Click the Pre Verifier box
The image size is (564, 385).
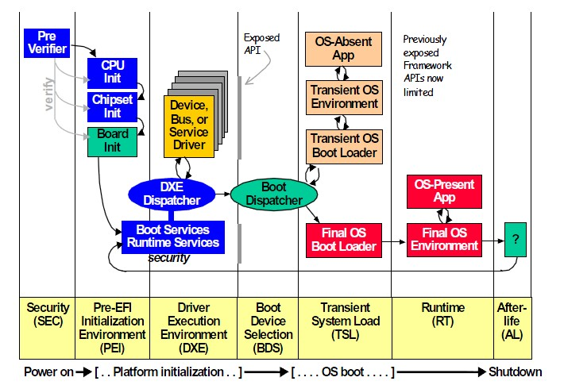(46, 42)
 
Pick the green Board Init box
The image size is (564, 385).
(112, 141)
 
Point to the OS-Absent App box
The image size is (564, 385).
(343, 49)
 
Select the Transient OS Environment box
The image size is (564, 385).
(344, 97)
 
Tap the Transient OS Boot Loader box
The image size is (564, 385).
(344, 145)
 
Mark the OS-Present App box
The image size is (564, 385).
(444, 191)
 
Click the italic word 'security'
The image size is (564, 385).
(168, 259)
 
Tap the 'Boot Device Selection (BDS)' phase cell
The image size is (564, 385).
(268, 321)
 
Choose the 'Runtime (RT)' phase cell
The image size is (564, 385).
(442, 314)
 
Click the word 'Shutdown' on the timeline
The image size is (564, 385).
(515, 372)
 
